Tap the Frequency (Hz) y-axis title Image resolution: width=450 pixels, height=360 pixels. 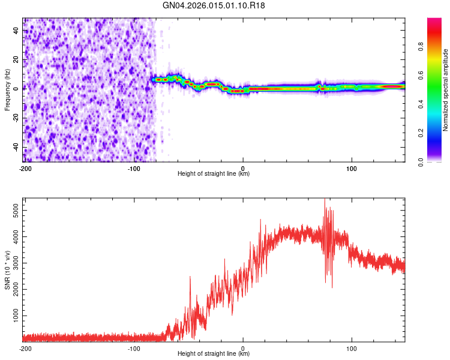(x=7, y=89)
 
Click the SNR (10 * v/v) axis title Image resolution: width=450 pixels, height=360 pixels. (x=7, y=270)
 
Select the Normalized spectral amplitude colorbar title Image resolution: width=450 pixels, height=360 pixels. (x=445, y=90)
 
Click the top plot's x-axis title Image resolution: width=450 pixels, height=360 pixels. (x=214, y=173)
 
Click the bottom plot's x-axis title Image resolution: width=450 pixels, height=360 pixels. (x=214, y=354)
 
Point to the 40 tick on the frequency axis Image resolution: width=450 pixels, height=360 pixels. (x=16, y=31)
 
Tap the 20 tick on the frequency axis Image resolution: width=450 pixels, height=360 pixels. (x=16, y=60)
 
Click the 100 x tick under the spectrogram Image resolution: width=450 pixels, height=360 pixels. (x=352, y=167)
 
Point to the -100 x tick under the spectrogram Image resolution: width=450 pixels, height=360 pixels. (x=134, y=167)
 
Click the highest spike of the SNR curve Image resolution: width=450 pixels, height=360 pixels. (x=325, y=199)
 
